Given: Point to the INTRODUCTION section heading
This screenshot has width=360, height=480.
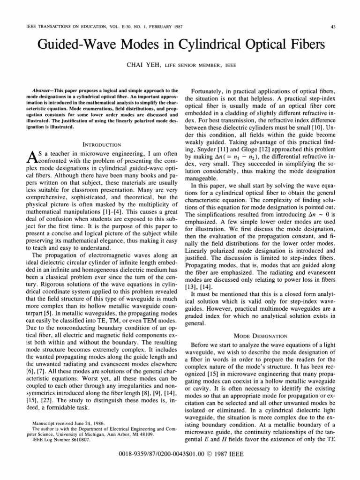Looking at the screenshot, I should click(102, 144).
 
